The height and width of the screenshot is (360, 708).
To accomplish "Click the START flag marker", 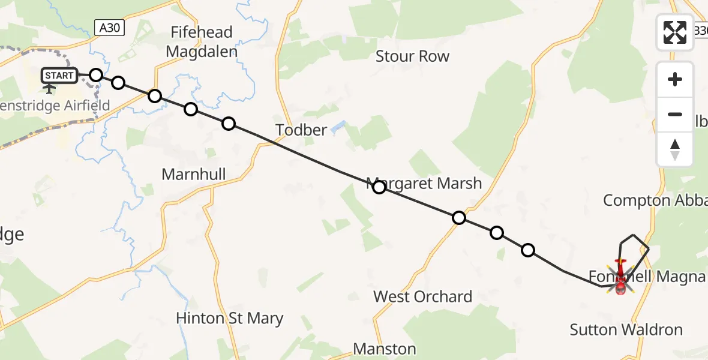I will [59, 76].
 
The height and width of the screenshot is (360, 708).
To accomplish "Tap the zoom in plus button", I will [675, 79].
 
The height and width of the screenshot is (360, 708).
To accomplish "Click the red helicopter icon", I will [620, 278].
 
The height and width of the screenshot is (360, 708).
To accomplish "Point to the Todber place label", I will [301, 130].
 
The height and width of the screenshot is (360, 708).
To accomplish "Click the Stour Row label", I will [412, 56].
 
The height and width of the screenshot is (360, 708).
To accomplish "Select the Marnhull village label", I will [194, 175].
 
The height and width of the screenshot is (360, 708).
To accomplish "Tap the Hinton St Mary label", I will [230, 318].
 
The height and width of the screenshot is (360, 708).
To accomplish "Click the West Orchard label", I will [422, 296].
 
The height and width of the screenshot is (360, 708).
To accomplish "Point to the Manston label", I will [385, 349].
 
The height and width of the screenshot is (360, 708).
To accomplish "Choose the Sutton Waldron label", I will [626, 329].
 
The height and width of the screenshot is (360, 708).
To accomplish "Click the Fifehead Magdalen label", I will [202, 42].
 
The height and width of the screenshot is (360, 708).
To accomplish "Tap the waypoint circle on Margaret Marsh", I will [379, 187].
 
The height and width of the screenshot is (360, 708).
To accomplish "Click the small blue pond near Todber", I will [337, 126].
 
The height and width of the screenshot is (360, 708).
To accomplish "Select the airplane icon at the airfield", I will [49, 89].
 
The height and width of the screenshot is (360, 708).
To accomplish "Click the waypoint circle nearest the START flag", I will [96, 75].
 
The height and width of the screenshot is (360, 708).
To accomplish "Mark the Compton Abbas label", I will [655, 200].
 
